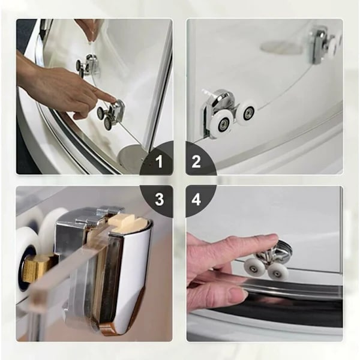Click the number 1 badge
pyautogui.click(x=160, y=161)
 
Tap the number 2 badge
pyautogui.click(x=196, y=161)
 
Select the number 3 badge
pyautogui.click(x=160, y=199)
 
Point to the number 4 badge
pyautogui.click(x=196, y=199)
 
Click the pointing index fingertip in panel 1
pyautogui.click(x=113, y=99)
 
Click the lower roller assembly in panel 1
pyautogui.click(x=110, y=114)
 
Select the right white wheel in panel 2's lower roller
pyautogui.click(x=247, y=113)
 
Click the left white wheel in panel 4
pyautogui.click(x=254, y=266)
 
